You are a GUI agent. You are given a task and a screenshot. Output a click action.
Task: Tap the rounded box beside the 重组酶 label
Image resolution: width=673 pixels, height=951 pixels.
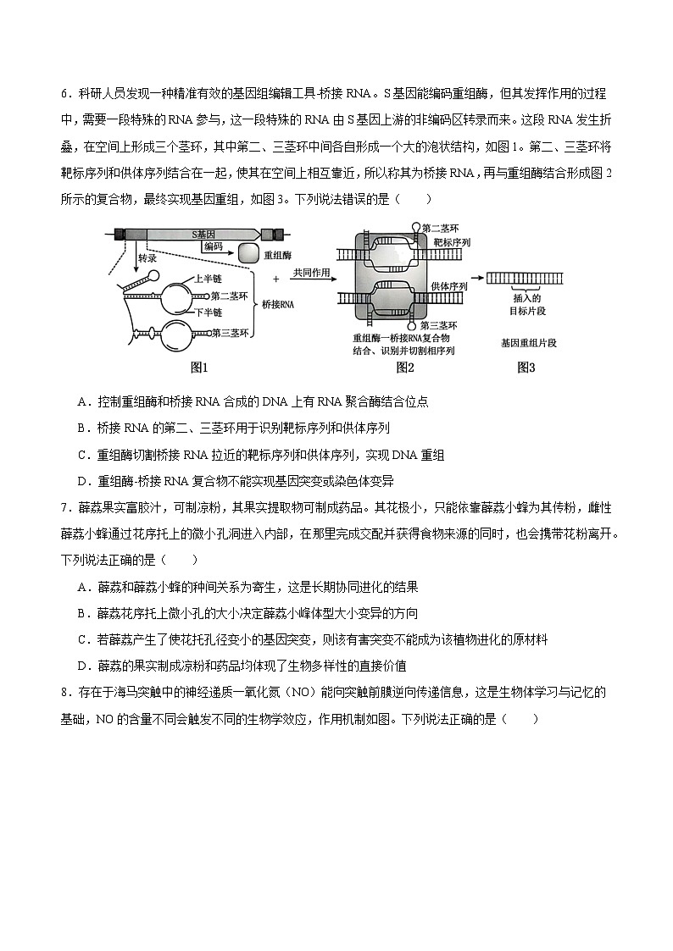coord(249,253)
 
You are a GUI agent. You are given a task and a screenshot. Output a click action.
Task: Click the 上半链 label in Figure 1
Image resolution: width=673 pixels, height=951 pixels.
coord(208,278)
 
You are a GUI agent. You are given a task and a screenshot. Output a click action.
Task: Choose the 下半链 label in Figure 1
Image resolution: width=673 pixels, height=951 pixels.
coord(208,312)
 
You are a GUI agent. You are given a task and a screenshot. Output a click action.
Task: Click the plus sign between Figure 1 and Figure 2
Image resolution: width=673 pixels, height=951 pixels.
coord(275,278)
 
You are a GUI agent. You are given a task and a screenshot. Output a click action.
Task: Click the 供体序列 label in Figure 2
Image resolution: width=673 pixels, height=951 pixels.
coord(450,286)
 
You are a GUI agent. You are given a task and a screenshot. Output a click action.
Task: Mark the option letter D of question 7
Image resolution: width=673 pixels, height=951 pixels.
coord(81,666)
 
